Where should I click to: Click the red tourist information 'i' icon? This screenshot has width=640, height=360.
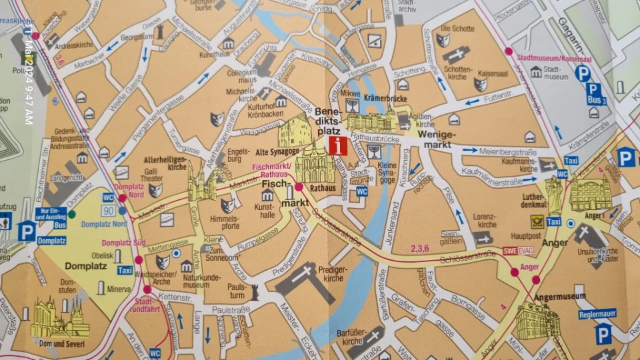337,145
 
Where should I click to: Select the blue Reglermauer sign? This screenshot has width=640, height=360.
597,313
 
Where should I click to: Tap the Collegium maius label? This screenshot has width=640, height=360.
241,77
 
